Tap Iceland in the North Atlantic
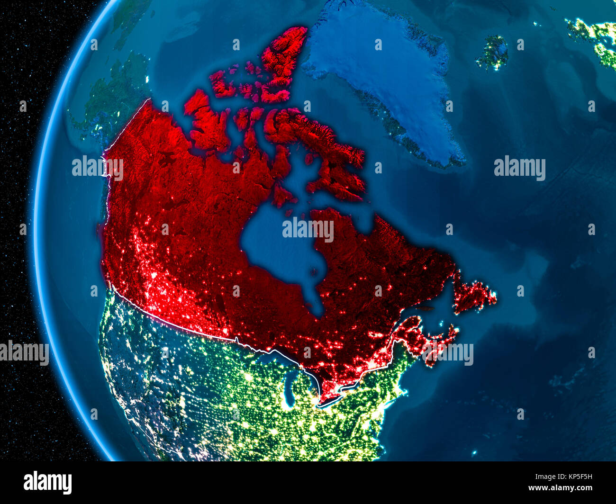[493, 52]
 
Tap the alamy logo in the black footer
[48, 483]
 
